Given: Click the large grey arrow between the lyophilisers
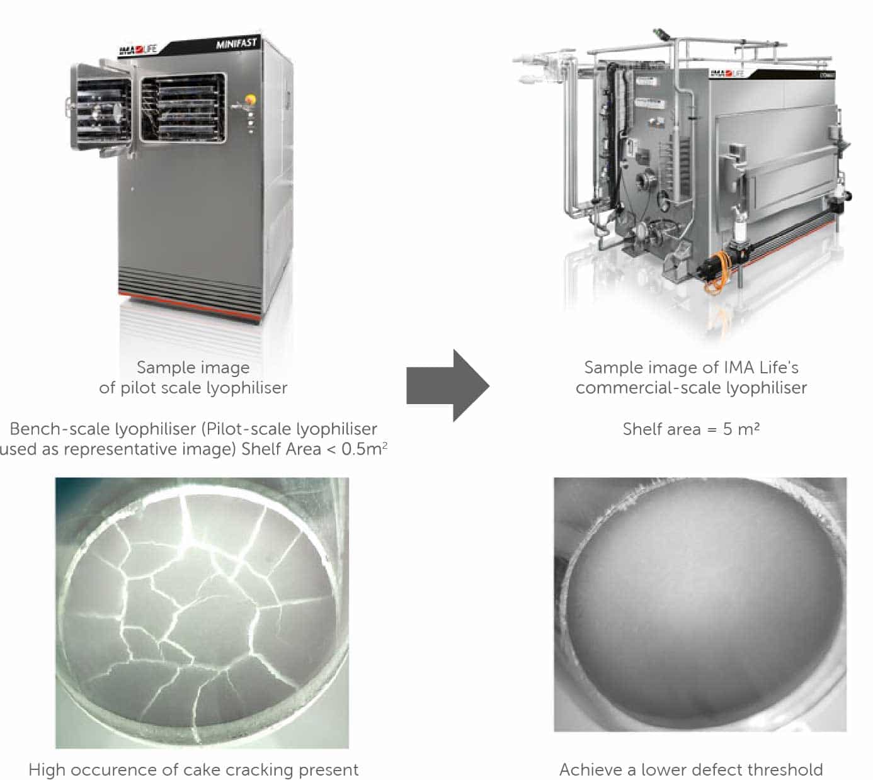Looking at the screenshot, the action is click(x=448, y=385).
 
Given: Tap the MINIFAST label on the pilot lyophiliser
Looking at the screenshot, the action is click(x=237, y=43).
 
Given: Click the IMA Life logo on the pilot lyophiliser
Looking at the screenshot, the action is click(x=138, y=50).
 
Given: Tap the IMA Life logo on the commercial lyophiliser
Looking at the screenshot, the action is click(x=727, y=73).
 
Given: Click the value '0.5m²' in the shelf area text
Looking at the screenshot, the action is click(x=365, y=448).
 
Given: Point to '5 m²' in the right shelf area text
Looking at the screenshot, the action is click(x=741, y=429).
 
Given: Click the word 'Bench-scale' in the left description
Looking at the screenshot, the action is click(x=54, y=429).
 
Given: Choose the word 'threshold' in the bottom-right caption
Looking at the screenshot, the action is click(x=785, y=769).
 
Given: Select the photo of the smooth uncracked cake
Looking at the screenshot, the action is click(x=700, y=604).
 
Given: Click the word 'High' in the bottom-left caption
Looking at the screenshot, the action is click(x=47, y=770).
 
